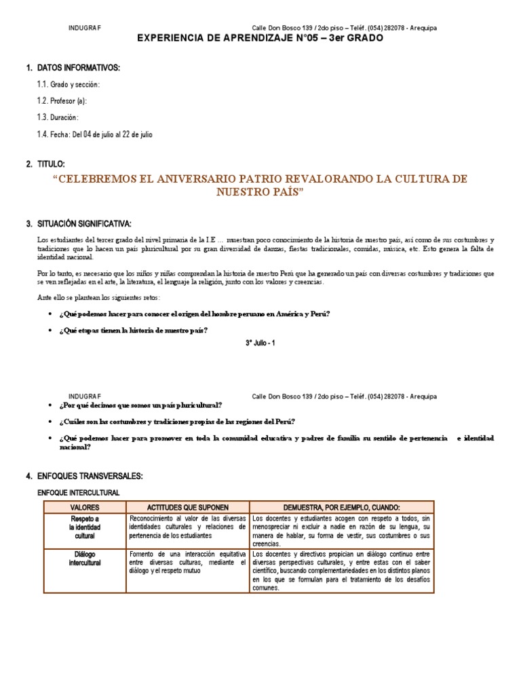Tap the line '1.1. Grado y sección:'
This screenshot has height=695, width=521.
pos(69,85)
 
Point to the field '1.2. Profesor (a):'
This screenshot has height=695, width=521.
pos(62,101)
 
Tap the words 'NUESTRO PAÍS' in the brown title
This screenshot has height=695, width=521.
pos(260,192)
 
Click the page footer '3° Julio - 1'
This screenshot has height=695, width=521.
pos(260,343)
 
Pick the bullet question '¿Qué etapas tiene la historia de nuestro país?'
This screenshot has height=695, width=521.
pos(134,330)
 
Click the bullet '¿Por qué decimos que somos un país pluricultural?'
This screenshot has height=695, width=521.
pos(140,405)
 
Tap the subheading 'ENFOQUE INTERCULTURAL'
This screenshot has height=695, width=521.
pos(78,492)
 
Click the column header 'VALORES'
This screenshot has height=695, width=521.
pos(85,507)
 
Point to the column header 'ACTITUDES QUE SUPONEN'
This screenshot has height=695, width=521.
pos(188,507)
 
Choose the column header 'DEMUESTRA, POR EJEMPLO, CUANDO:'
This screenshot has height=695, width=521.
pos(342,507)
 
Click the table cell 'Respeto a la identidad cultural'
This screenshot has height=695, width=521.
pos(85,527)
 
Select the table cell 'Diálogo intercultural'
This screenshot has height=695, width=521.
pos(85,559)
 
